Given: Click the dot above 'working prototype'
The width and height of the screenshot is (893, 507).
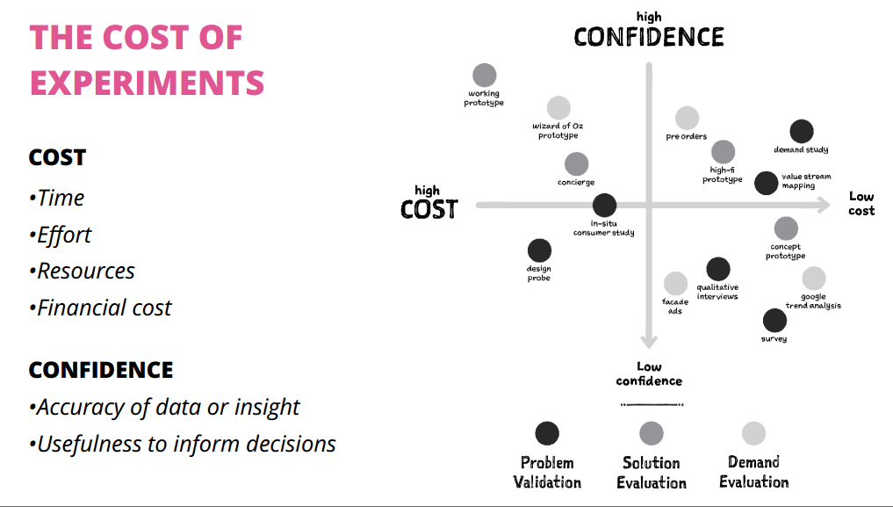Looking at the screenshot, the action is (484, 76).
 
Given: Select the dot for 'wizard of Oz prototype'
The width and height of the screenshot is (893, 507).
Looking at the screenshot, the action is (558, 108).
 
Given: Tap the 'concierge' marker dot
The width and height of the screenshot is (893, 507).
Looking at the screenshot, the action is (576, 164).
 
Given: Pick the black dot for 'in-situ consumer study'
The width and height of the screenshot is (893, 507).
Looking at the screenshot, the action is (604, 206).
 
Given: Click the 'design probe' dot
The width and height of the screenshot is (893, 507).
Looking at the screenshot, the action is (539, 250).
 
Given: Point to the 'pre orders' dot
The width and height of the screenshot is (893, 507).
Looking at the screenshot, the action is (687, 119).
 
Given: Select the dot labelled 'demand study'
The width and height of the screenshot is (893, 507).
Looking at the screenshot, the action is (802, 132).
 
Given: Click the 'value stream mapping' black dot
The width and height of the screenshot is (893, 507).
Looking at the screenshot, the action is (766, 183).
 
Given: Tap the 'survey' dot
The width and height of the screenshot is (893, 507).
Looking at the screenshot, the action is (774, 321).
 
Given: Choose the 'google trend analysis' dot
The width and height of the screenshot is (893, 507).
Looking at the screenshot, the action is (814, 279).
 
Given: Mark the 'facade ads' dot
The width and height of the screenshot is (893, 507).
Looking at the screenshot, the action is (675, 284).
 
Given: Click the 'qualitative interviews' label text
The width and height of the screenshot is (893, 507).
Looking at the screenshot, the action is (717, 292).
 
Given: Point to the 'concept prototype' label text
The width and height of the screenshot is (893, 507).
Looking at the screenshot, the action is (785, 251).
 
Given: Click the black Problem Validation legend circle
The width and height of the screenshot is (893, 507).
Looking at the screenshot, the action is (547, 433).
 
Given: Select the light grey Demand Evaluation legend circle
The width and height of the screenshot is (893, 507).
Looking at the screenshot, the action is (753, 433).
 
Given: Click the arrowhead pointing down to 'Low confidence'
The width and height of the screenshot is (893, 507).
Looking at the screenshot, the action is (649, 342).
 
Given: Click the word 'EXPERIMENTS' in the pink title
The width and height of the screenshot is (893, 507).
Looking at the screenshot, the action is (147, 83).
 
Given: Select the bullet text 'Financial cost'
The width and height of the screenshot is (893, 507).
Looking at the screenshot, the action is (104, 308).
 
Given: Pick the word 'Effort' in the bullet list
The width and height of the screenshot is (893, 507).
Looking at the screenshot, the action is (64, 235).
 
